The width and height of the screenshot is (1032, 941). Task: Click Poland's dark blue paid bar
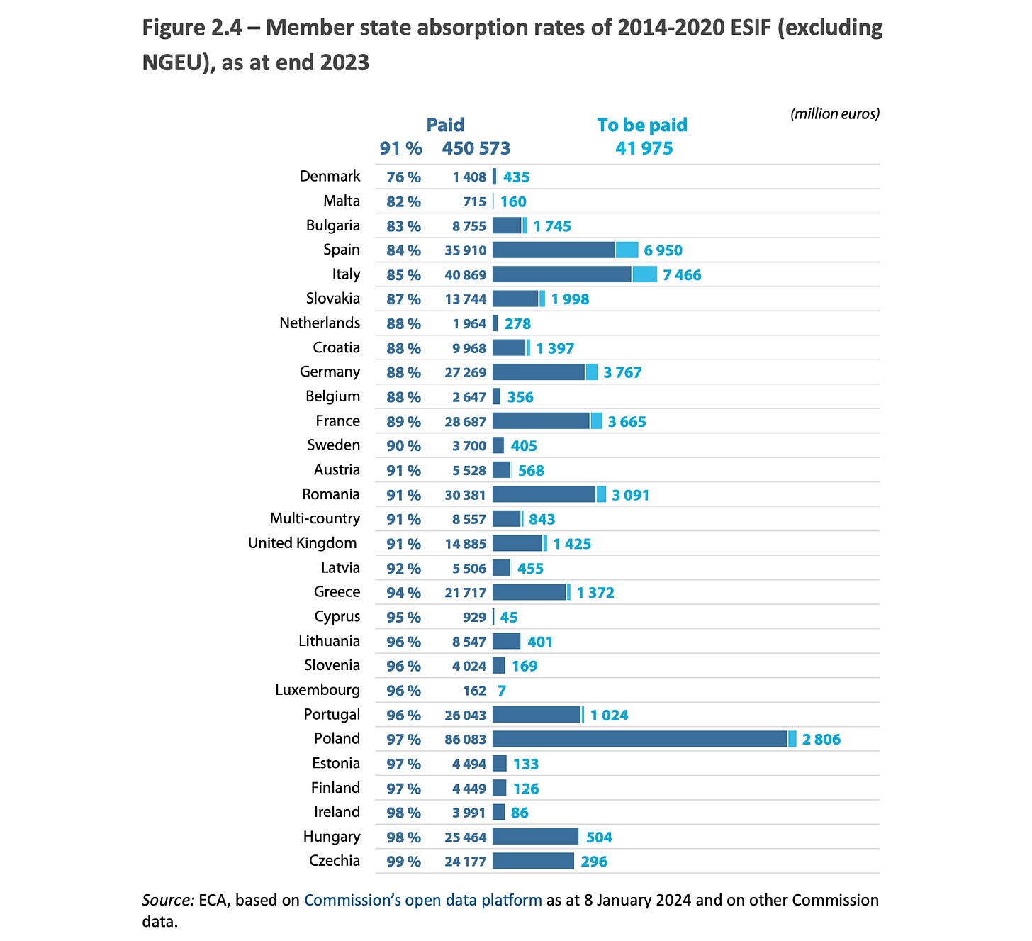(639, 739)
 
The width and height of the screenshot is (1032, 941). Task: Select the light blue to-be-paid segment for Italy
(644, 274)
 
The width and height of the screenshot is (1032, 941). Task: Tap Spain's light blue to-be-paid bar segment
(627, 250)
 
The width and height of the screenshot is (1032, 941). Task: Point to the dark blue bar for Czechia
(533, 861)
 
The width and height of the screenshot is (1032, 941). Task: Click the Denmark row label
(330, 176)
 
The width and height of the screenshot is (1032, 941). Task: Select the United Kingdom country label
(303, 543)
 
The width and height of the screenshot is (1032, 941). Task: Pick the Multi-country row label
(315, 518)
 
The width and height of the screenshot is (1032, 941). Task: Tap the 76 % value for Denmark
(403, 177)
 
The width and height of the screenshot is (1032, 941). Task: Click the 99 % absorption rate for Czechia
(403, 861)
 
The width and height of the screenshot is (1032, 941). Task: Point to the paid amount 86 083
(465, 739)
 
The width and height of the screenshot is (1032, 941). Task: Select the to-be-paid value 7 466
(682, 275)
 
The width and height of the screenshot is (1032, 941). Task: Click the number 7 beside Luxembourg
(502, 690)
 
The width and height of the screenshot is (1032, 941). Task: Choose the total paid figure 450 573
(476, 148)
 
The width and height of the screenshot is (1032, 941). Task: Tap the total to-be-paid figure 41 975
(644, 148)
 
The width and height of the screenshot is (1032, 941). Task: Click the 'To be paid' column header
(642, 125)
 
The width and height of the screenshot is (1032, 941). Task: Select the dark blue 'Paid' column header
(445, 125)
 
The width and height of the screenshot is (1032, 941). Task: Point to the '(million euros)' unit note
(834, 113)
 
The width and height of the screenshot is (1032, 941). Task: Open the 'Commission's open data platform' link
(423, 899)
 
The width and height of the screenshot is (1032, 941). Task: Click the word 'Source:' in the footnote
(168, 900)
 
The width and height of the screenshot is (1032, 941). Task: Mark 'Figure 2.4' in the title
(192, 27)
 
